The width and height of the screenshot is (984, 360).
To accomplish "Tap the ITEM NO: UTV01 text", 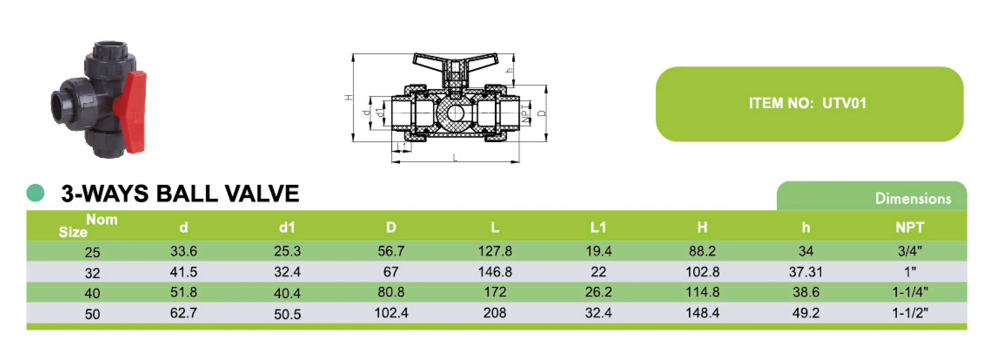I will (807, 104).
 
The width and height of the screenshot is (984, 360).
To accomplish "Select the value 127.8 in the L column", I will (495, 251).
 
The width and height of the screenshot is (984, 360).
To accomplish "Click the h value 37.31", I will (806, 272).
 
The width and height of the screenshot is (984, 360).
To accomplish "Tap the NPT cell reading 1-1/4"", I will (909, 292).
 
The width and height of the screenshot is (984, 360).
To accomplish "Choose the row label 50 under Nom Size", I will (93, 314).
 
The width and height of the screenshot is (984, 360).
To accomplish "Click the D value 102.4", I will (391, 313).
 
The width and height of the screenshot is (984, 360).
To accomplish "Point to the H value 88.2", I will (702, 251).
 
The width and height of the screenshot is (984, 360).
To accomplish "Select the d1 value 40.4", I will (287, 293).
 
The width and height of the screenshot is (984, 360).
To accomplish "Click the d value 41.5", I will (183, 272).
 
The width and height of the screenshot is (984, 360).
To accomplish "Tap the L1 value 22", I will (598, 272).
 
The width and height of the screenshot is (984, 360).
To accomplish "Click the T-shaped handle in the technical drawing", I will (455, 63).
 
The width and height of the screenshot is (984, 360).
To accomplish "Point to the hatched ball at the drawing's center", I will (455, 113).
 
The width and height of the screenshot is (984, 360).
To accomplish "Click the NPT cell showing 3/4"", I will (909, 251).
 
